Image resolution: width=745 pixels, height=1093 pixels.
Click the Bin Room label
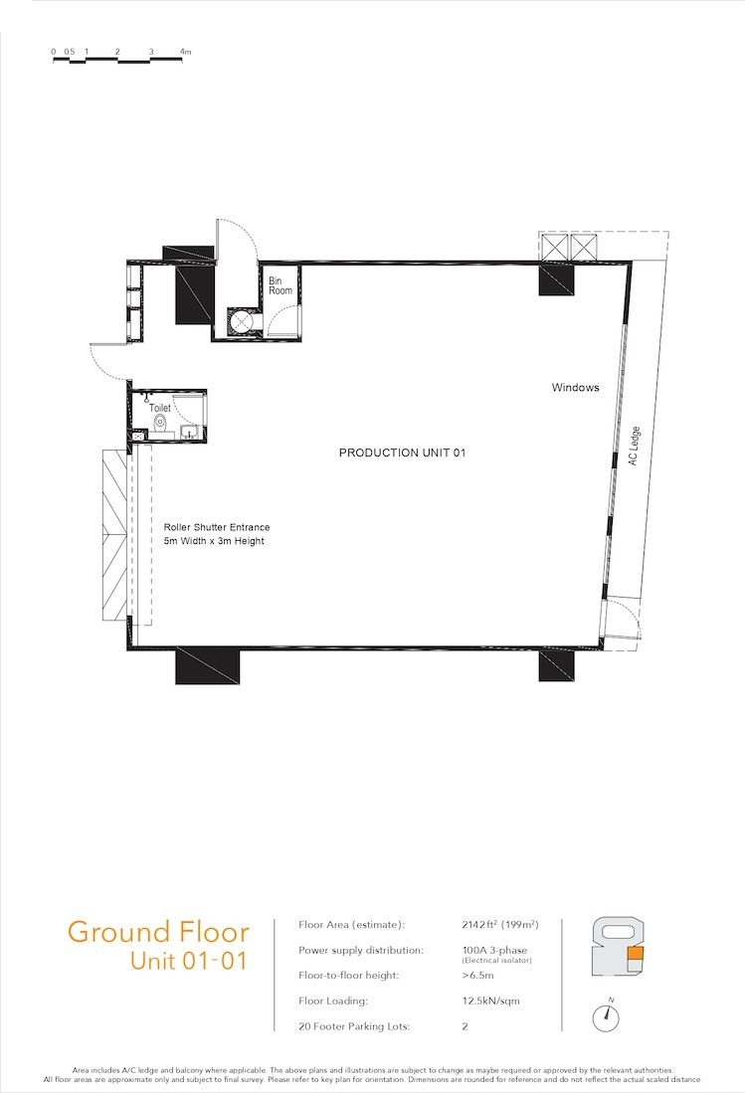point(280,285)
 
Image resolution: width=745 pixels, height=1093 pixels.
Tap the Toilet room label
point(159,408)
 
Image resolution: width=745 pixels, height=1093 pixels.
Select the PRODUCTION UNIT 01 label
point(402,453)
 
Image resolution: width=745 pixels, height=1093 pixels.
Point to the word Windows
point(575,388)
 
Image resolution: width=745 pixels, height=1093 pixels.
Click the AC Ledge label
point(634,447)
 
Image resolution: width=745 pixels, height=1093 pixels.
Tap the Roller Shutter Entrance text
point(217,527)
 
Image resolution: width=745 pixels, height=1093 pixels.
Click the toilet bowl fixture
point(160,423)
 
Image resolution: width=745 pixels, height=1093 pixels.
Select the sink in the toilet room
point(189,433)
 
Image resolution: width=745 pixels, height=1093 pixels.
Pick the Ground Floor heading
point(158,932)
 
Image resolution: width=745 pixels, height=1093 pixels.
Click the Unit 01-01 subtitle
point(188,961)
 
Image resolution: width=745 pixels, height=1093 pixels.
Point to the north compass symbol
point(606,1017)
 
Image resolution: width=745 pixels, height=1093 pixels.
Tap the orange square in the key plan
point(636,955)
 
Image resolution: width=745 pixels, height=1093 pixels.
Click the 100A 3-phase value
point(494,950)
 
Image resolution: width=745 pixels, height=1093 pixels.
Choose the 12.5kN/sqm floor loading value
point(490,1001)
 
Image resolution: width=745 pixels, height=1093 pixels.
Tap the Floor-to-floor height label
point(348,976)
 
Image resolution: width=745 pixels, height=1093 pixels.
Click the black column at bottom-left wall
point(208,665)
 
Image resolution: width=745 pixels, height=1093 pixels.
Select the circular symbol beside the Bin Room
point(241,321)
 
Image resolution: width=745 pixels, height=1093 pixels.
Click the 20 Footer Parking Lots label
point(354,1026)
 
